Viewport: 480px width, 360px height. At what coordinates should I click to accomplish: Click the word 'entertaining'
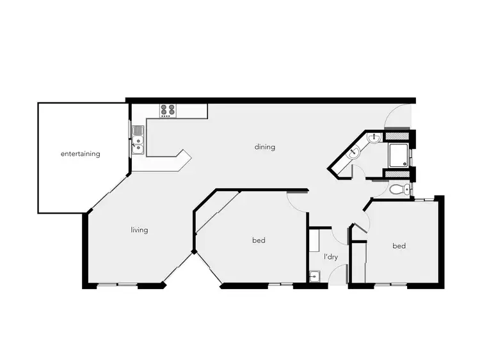80,154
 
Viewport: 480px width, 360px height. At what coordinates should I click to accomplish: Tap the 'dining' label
264,147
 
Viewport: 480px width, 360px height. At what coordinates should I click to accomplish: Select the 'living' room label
139,230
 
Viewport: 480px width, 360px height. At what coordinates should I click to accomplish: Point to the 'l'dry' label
330,256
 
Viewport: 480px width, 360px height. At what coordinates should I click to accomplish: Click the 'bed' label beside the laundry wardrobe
398,246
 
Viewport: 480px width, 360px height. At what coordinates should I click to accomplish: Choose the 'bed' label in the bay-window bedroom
258,240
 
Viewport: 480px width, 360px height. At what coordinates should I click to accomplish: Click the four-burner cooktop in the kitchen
168,111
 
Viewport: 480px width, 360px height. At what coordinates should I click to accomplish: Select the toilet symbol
400,189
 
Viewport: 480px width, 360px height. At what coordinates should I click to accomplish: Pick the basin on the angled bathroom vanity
353,153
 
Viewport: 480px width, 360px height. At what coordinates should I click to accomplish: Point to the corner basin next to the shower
374,137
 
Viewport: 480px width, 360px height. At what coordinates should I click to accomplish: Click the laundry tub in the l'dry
315,276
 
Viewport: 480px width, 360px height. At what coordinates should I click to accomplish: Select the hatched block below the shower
397,173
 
